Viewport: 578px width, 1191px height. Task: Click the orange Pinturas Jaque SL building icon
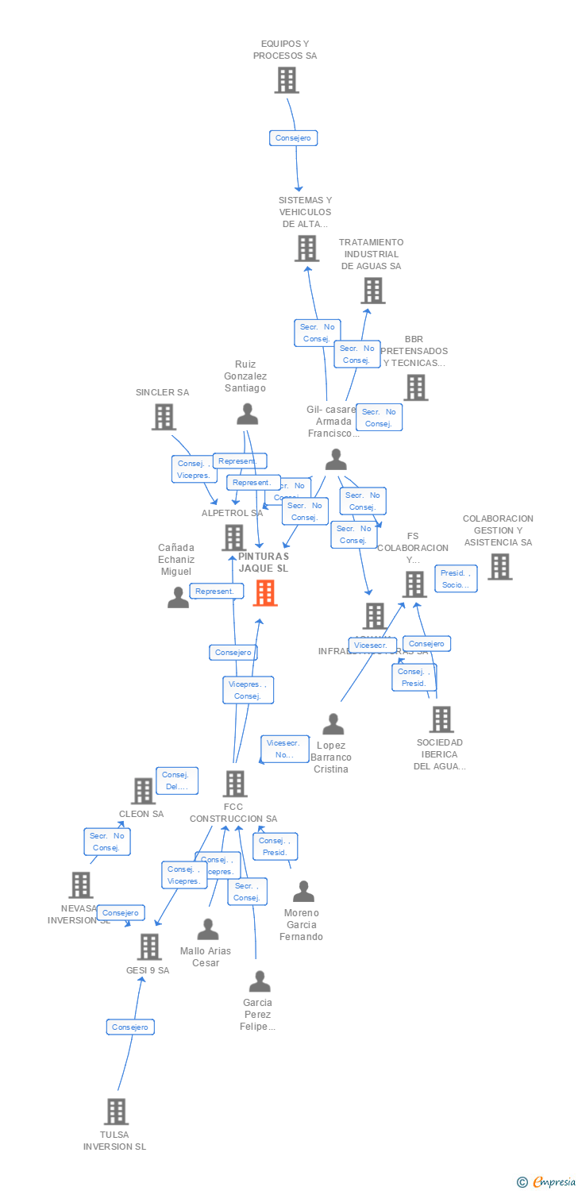pos(265,592)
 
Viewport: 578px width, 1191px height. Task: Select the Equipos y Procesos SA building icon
pos(287,80)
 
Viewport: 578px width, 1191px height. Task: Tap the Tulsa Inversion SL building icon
pos(117,1112)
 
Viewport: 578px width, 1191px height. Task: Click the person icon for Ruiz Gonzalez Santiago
pos(248,414)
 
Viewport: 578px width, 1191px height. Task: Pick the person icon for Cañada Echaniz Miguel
pos(179,597)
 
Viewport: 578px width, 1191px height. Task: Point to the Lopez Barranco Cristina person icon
pos(333,724)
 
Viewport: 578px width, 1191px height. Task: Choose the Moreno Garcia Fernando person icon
pos(303,892)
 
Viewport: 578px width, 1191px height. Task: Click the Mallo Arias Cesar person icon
pos(208,929)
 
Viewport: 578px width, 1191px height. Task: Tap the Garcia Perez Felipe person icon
pos(260,981)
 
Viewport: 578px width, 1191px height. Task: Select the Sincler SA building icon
pos(164,417)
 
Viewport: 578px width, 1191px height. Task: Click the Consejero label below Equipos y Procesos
pos(293,138)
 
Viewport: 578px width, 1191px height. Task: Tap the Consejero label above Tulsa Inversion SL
pos(130,1027)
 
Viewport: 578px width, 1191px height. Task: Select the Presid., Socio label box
pos(456,579)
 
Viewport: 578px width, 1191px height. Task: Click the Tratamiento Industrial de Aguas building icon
pos(373,291)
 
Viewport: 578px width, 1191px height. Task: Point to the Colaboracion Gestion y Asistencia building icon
pos(499,567)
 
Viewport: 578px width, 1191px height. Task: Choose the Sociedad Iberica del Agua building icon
pos(441,719)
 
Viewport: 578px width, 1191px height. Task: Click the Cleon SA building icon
pos(143,791)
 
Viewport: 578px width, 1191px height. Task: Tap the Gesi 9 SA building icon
pos(149,946)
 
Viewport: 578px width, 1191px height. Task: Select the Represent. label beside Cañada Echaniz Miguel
pos(216,591)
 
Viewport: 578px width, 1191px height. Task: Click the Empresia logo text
pos(553,1182)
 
